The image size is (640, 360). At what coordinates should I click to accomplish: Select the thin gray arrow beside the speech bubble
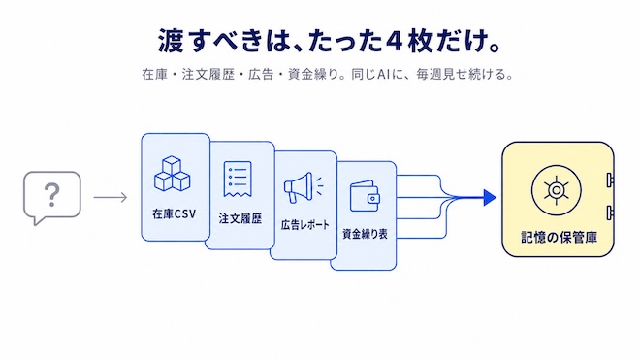[x=111, y=198]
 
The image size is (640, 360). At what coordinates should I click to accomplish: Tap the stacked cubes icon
[x=173, y=174]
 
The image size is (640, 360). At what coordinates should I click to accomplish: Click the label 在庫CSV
[x=175, y=213]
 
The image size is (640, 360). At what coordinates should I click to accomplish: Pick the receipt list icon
[x=238, y=180]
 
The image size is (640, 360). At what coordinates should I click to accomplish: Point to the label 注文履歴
[x=240, y=218]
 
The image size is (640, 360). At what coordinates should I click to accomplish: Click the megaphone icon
[x=304, y=187]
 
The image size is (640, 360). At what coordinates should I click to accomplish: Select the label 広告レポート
[x=304, y=225]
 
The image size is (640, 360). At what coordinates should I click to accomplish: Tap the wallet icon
[x=365, y=196]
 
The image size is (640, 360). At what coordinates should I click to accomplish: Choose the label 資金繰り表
[x=365, y=234]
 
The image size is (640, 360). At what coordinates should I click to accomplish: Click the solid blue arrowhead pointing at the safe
[x=490, y=198]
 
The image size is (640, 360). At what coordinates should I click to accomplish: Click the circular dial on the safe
[x=556, y=190]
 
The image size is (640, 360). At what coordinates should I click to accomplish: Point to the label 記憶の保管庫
[x=560, y=238]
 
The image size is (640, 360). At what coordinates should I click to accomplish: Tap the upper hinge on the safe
[x=610, y=180]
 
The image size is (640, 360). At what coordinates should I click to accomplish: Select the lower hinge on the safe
[x=610, y=213]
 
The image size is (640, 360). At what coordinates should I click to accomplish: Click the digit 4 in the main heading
[x=394, y=41]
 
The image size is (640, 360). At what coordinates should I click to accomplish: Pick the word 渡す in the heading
[x=183, y=41]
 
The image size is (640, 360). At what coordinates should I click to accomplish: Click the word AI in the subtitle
[x=382, y=75]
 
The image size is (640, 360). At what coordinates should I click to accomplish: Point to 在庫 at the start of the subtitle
[x=155, y=75]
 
